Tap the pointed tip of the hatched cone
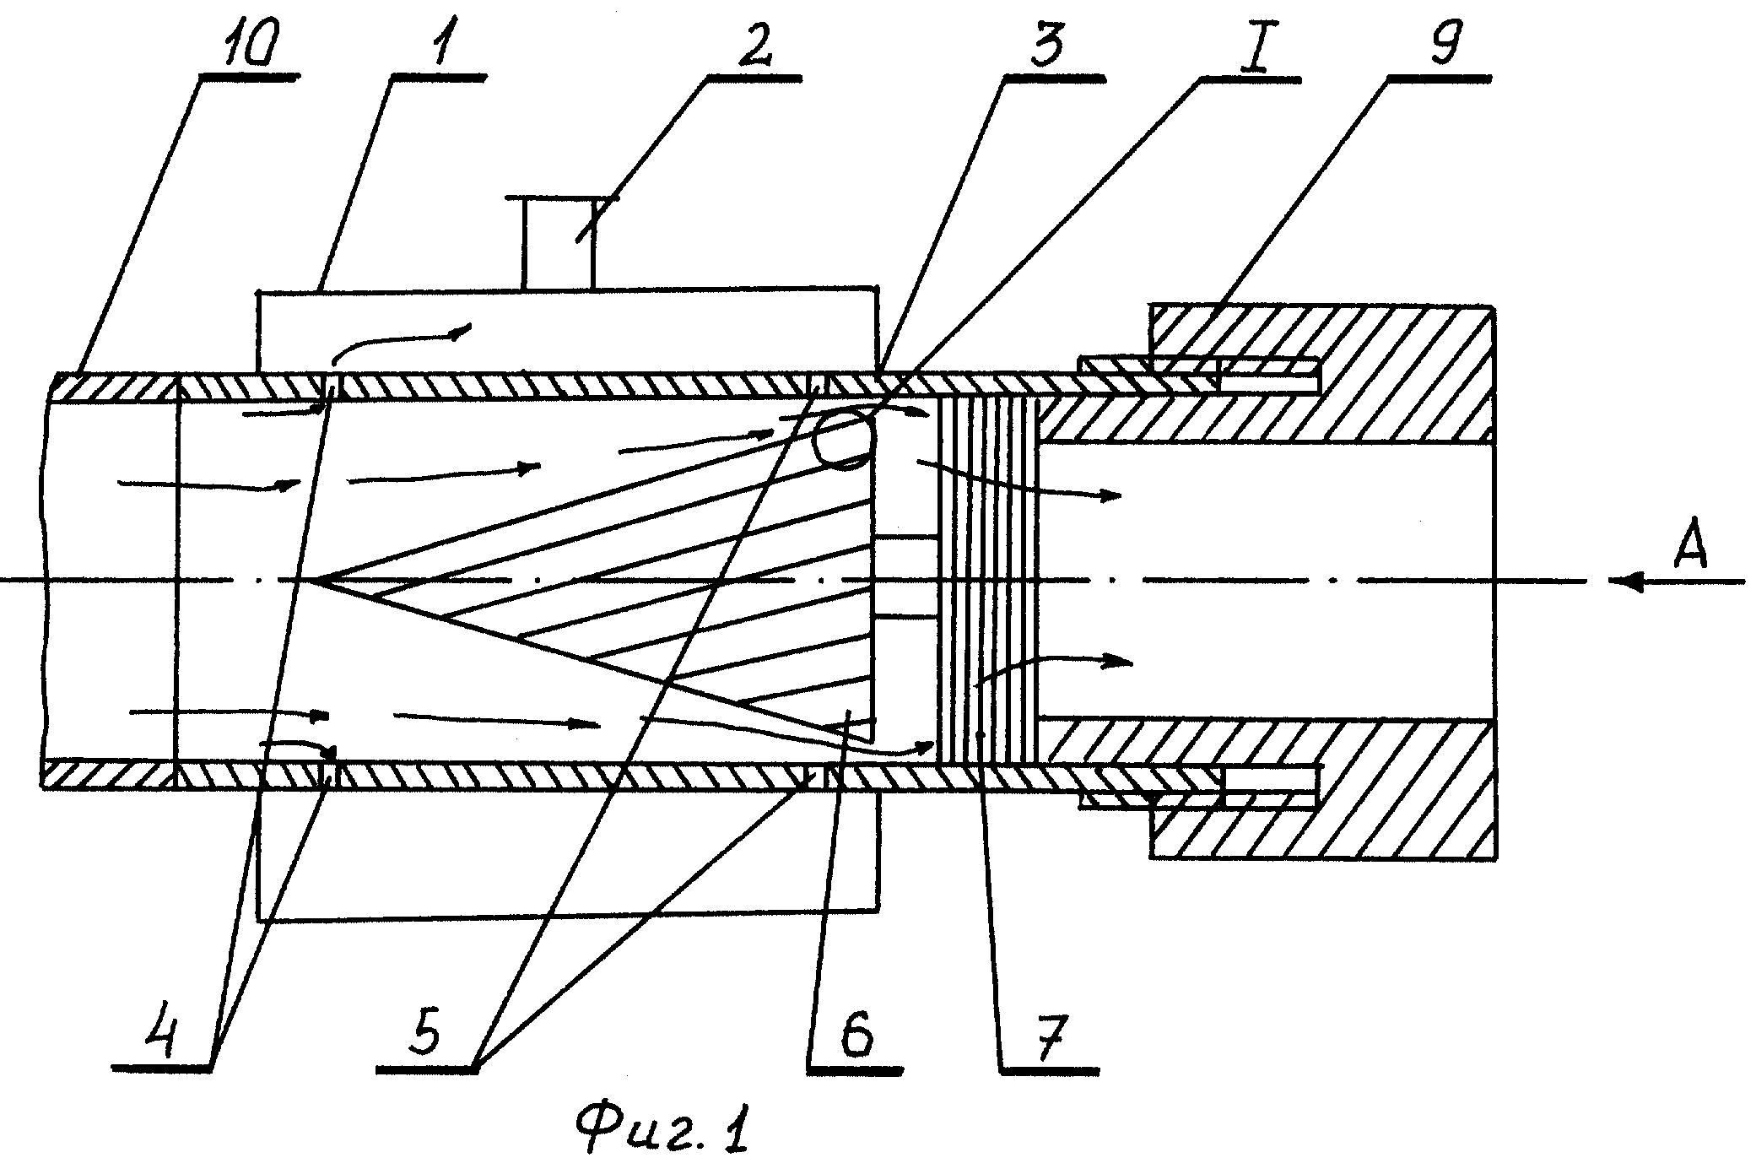[312, 580]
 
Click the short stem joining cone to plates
[906, 578]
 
